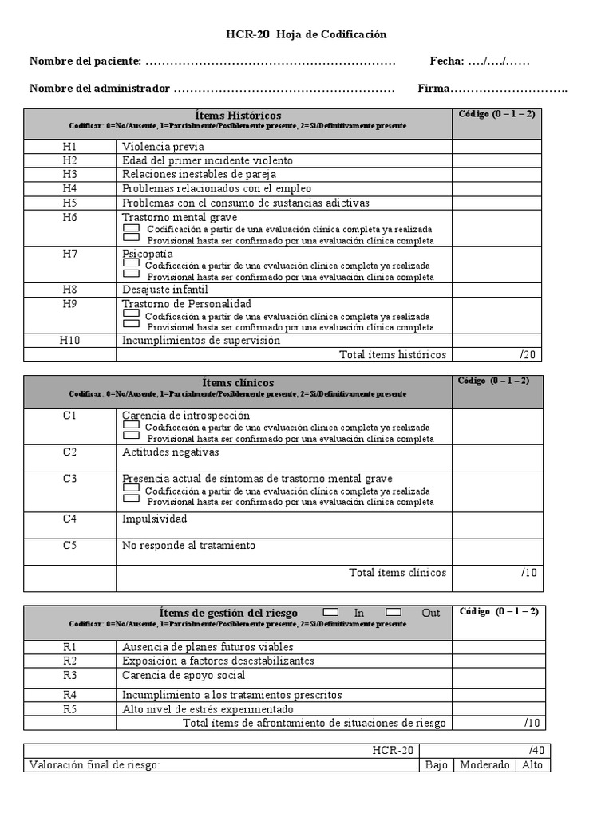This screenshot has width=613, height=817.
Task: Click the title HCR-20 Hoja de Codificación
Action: coord(306,34)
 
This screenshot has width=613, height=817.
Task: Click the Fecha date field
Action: coord(499,61)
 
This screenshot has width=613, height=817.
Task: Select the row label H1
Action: coord(70,147)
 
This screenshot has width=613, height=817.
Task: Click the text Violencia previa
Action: coord(163,147)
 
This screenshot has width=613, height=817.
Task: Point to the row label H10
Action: coord(70,341)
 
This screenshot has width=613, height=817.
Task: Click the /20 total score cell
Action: coord(528,355)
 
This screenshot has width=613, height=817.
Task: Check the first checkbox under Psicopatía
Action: coord(132,264)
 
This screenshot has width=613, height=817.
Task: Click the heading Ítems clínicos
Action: coord(238,383)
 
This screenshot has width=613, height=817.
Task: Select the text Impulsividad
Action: coord(155,519)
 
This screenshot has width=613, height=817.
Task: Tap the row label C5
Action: coord(70,546)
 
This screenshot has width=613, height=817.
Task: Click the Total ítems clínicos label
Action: coord(397,573)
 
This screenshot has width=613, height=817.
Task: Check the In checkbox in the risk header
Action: coord(330,612)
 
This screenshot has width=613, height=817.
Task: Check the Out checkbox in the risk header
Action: coord(394,612)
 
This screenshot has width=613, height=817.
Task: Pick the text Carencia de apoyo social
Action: coord(184,676)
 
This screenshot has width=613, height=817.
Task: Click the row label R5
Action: coord(70,709)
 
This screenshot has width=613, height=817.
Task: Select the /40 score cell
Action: coord(535,751)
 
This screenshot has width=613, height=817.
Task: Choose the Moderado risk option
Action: coord(484,765)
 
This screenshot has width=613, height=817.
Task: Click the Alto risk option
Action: coord(532,765)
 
